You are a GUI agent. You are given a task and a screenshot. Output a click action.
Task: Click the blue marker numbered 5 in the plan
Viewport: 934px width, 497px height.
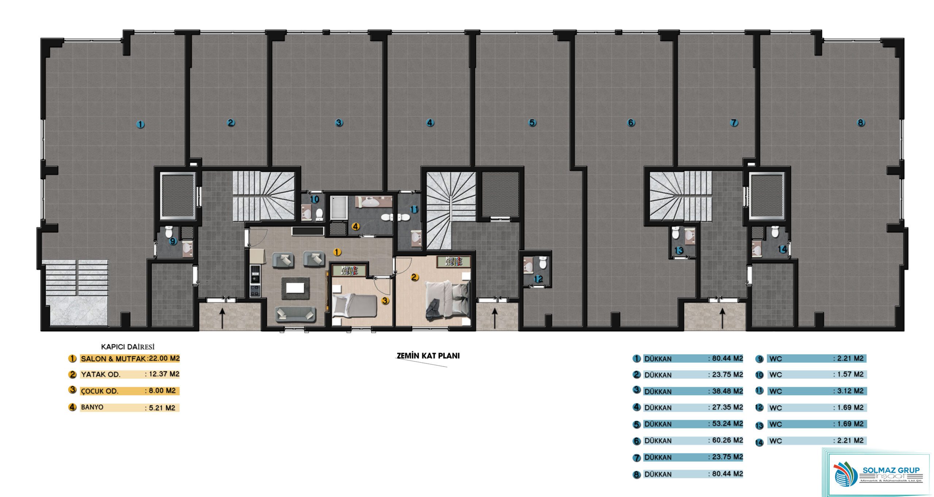pos(532,123)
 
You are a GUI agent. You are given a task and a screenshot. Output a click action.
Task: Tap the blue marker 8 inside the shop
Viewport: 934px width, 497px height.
pos(861,123)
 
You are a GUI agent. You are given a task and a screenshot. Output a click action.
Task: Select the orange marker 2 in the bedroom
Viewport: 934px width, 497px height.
pos(414,277)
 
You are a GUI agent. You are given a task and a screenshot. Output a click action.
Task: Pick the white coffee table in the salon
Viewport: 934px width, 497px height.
pos(295,288)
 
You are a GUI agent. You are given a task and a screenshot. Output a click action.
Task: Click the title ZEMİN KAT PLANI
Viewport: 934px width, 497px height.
pos(428,356)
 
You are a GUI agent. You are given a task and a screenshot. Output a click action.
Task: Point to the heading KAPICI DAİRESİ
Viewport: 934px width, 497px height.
pos(128,347)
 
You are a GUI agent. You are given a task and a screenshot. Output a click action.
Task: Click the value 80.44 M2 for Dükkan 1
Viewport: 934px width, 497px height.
pos(727,358)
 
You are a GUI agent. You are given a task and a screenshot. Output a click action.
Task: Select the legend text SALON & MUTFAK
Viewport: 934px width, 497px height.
pos(113,359)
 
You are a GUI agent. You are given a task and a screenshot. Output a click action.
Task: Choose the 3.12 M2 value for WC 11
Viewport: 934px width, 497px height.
pos(850,391)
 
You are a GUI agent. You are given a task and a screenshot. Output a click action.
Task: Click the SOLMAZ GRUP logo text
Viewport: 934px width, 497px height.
pos(891,470)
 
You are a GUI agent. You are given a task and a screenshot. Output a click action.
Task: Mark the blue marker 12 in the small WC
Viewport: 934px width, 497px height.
pos(539,279)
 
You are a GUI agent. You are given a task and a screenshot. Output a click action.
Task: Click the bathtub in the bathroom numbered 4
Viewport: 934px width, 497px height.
pos(339,208)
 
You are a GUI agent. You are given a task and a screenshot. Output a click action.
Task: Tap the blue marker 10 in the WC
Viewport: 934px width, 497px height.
pos(314,199)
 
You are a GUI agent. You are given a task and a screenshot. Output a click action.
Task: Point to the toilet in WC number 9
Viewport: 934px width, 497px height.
pos(169,231)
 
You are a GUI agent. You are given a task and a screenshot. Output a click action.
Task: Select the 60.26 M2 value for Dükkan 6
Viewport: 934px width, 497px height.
pos(727,440)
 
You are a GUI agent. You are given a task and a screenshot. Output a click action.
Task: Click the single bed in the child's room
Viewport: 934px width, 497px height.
pos(354,305)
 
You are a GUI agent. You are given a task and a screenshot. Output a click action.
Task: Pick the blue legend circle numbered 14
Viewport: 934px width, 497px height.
pos(759,443)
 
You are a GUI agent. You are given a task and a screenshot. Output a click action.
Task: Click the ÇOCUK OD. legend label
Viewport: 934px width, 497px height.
pos(100,391)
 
